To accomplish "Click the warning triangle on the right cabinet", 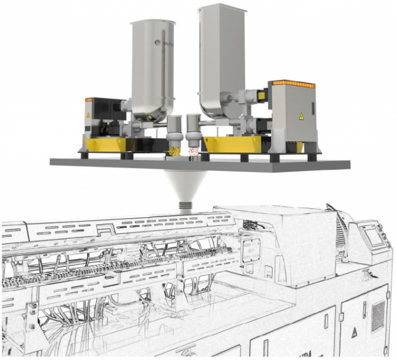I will tap(302, 115).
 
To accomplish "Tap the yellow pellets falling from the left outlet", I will tap(174, 152).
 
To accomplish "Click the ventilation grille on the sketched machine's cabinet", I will tap(378, 310).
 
